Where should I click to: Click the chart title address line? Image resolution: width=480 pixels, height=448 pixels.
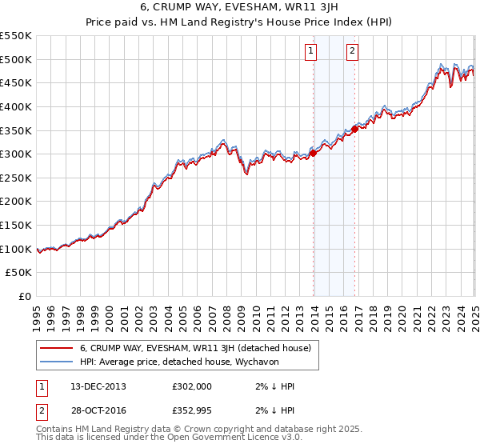pos(239,7)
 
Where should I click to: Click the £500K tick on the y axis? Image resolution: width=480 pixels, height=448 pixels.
pos(16,59)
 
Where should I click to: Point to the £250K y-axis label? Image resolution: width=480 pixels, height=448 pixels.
pos(16,178)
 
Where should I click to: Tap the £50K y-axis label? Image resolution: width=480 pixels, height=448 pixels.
pos(19,272)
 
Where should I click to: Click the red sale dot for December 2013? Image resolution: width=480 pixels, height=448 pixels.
pos(313,154)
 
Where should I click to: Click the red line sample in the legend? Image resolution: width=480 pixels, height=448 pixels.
pos(57,348)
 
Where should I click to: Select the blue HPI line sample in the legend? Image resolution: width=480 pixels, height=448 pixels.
pos(57,362)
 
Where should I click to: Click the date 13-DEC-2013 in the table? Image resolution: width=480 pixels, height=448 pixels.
pos(98,386)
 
